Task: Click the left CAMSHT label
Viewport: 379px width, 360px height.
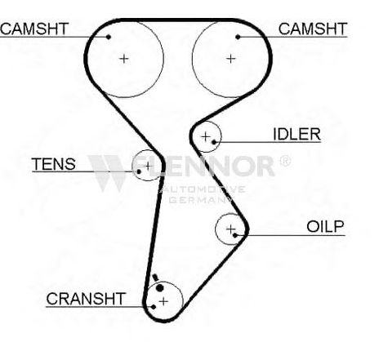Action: [34, 29]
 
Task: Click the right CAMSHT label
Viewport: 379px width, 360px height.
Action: [313, 29]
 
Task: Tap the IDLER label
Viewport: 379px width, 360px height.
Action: [297, 134]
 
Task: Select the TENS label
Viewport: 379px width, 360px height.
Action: [54, 164]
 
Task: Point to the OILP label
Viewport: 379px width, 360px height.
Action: [325, 226]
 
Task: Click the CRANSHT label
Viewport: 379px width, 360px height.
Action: [86, 299]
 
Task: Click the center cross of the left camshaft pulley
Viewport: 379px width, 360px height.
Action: [124, 59]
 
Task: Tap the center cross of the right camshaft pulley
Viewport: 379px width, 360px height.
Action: [231, 59]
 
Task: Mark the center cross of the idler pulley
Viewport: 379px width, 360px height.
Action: [206, 136]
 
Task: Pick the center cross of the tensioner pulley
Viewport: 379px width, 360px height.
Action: [148, 166]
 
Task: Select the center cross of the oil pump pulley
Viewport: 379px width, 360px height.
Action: [230, 229]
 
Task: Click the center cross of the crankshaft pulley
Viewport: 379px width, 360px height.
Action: [163, 301]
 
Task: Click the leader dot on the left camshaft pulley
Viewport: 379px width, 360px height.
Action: [109, 37]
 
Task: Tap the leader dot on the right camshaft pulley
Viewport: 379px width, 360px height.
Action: [238, 37]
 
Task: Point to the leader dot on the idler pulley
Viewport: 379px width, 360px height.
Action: [214, 142]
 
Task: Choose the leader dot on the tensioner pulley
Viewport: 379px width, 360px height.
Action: [139, 171]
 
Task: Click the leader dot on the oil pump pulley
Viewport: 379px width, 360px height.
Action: [235, 235]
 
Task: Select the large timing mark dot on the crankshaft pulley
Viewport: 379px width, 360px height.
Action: [160, 287]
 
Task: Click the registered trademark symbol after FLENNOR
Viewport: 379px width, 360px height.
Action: [285, 161]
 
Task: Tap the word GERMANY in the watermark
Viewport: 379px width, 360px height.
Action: [200, 200]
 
